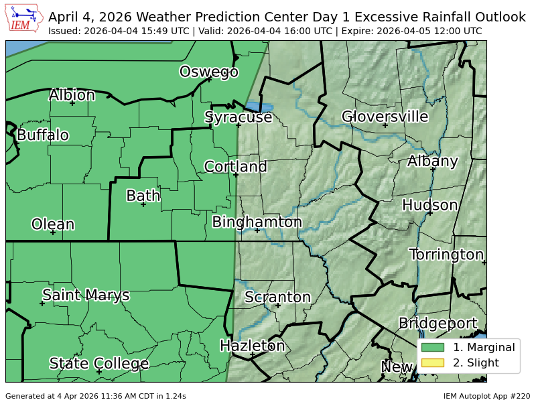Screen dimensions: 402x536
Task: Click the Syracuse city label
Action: pos(238,117)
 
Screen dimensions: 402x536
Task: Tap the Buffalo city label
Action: pos(43,135)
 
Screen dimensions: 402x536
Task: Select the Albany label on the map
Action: pos(432,161)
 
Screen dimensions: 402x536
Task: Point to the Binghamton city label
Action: pos(257,222)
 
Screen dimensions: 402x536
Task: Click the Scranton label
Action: pos(277,297)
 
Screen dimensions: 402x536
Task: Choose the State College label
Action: pos(98,363)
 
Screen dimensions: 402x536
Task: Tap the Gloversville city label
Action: pos(385,117)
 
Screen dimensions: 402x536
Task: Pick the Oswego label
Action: pos(208,72)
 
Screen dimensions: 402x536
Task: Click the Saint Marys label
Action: pos(86,295)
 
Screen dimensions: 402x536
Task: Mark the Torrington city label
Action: pos(446,255)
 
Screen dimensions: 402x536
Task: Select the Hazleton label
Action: pos(253,346)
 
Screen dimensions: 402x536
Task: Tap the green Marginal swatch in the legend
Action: pos(433,347)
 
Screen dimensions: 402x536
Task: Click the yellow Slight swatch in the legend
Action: pos(433,363)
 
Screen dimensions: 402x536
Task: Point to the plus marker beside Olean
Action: pos(53,232)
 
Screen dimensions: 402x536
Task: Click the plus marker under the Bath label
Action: pos(143,204)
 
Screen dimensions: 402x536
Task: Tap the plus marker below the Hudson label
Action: pos(429,212)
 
